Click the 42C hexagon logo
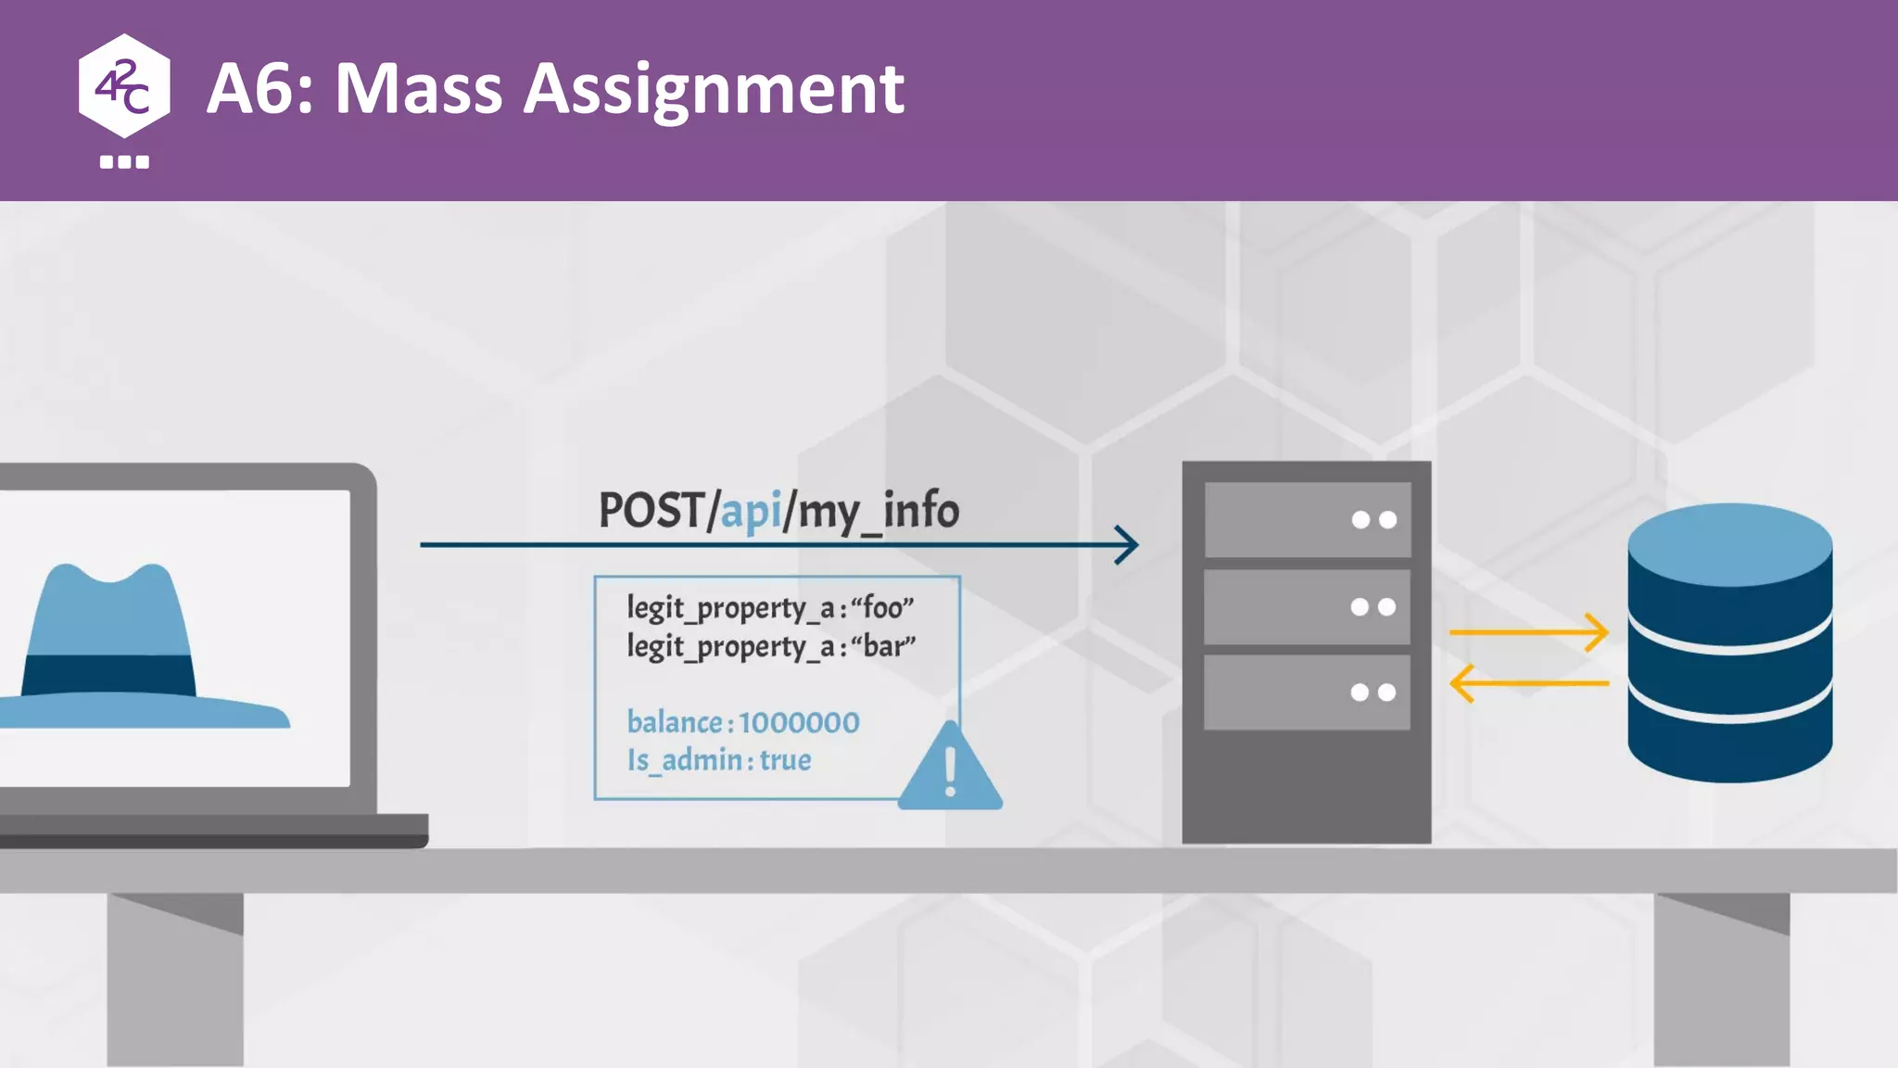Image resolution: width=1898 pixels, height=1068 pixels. click(x=124, y=86)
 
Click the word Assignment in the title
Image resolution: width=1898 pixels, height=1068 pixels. click(x=714, y=90)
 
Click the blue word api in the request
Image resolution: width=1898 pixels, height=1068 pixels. click(x=751, y=512)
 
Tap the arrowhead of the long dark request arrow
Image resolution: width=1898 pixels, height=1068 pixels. click(x=1128, y=545)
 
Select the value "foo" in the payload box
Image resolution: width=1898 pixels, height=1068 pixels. click(x=882, y=608)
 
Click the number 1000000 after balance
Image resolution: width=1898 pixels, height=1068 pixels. click(x=799, y=722)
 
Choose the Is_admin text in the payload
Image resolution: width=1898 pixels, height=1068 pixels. click(x=684, y=760)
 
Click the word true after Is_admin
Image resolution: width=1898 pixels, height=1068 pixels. click(x=785, y=760)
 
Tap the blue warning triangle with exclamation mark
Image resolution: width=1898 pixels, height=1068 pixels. click(x=950, y=769)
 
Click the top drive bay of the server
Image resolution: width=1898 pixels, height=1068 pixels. click(x=1307, y=519)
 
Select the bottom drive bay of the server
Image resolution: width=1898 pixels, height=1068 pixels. click(x=1307, y=693)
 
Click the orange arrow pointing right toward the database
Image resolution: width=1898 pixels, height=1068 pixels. click(x=1529, y=632)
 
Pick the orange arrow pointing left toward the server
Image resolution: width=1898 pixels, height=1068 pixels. click(x=1529, y=683)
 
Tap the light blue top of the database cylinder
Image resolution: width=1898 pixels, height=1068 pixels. click(x=1729, y=543)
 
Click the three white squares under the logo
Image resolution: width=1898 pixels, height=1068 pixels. click(x=124, y=162)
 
